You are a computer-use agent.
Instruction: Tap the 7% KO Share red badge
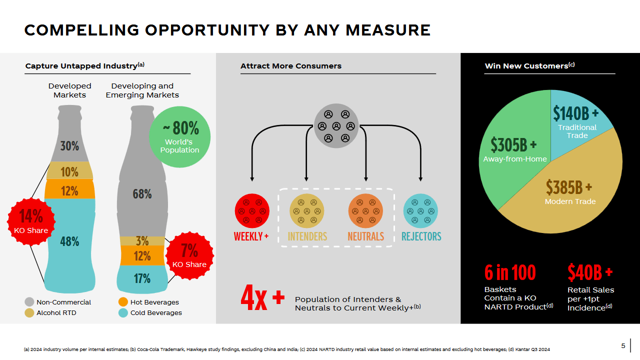point(189,255)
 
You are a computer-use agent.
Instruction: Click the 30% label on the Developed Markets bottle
point(69,146)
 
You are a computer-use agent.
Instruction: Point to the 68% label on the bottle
point(142,194)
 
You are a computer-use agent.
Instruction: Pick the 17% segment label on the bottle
point(142,278)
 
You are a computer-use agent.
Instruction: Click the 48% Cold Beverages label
point(69,241)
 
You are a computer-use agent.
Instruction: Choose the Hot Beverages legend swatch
point(123,302)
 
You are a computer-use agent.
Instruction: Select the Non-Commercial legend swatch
point(29,302)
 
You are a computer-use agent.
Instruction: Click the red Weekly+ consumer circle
point(252,211)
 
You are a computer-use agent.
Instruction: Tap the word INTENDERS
point(307,236)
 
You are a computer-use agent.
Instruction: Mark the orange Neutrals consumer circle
point(365,211)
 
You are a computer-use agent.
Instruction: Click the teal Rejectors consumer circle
point(420,211)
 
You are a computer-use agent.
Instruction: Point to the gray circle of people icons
point(336,125)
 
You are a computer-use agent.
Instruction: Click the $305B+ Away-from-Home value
point(513,145)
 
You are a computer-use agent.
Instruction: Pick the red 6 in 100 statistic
point(510,272)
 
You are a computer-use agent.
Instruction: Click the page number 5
point(623,345)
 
